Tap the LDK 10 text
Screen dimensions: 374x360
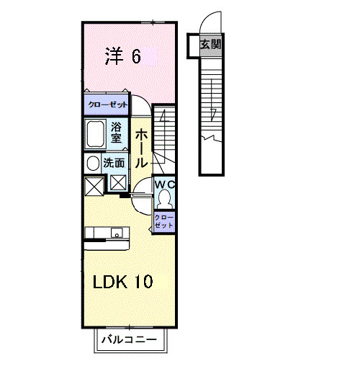[x=122, y=281]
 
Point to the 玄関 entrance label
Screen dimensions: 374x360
[x=210, y=44]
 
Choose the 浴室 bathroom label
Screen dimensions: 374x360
[x=117, y=133]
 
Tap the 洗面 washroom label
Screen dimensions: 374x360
[x=114, y=163]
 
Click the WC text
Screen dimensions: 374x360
[x=166, y=184]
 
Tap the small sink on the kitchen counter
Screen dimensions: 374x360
[x=116, y=232]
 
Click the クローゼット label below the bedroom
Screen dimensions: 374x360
[x=107, y=105]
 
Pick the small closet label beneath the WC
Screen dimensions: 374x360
[x=165, y=222]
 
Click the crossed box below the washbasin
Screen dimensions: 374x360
[x=94, y=186]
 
